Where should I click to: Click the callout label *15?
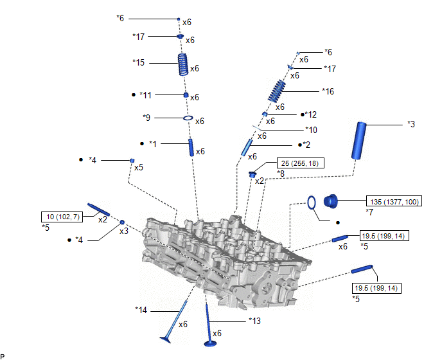(x=139, y=62)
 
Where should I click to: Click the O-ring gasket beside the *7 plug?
(x=310, y=203)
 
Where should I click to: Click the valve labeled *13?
(x=209, y=322)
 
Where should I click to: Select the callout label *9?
(x=146, y=118)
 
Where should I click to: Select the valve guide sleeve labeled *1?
(x=191, y=147)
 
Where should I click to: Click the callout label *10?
(x=311, y=129)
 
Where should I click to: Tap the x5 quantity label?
(x=138, y=167)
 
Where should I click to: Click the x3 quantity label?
(x=125, y=230)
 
